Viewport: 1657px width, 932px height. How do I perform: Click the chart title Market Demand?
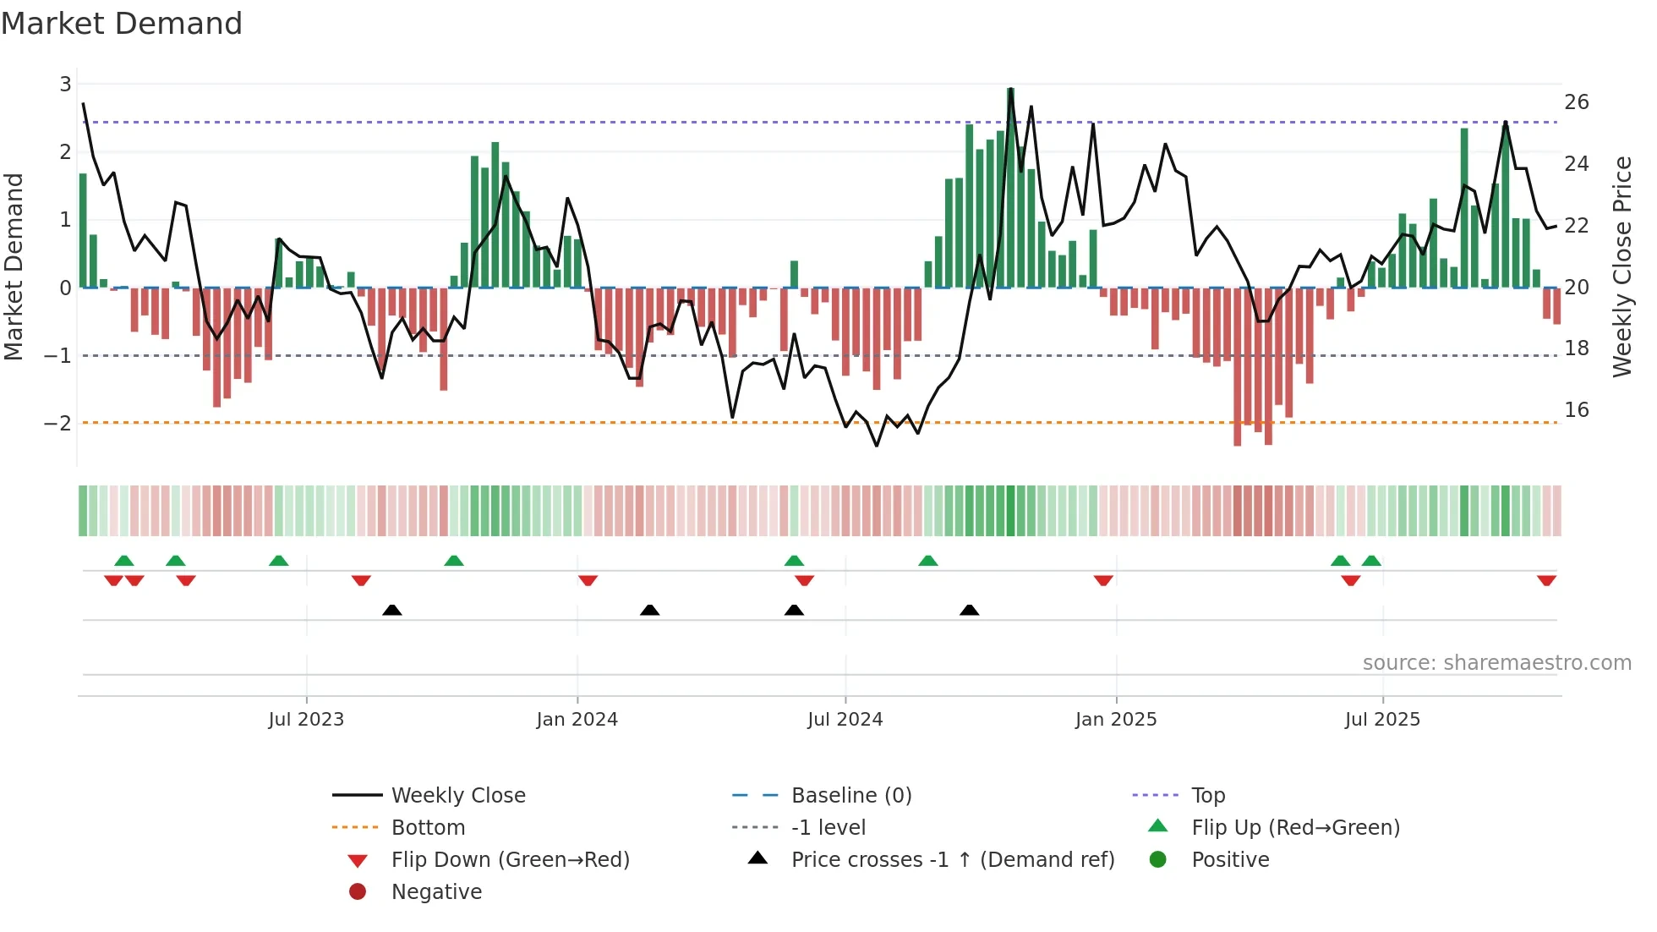(122, 24)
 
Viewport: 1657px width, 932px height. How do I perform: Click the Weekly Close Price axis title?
(1621, 266)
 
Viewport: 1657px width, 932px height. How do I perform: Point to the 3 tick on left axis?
(65, 85)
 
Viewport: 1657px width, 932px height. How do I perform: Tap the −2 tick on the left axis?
(58, 423)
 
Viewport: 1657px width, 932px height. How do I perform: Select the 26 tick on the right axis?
(1576, 102)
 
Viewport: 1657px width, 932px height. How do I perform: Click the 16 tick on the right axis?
(1576, 410)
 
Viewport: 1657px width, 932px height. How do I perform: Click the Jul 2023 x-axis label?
(306, 720)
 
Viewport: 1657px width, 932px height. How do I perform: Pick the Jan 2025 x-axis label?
(1115, 720)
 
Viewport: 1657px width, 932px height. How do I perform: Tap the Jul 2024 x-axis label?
(845, 720)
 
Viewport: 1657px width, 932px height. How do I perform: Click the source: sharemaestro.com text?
(1496, 663)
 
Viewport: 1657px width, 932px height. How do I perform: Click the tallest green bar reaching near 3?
(1010, 186)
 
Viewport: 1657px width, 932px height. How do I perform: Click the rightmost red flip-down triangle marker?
(1546, 580)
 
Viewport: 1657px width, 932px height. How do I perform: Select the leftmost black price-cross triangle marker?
(391, 610)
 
